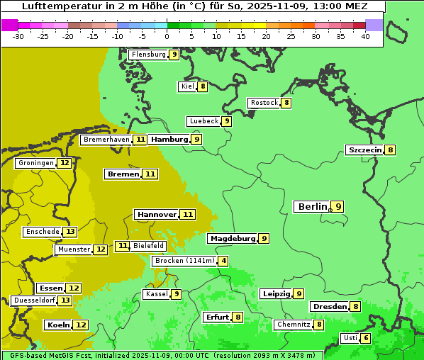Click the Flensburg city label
pos(148,55)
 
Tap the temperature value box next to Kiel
pos(202,86)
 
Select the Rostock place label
pos(264,103)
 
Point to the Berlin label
pos(312,206)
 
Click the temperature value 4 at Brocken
pos(223,261)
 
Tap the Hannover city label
pos(156,214)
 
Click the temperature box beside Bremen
pos(150,174)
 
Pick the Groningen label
pos(35,163)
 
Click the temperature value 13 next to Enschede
pos(69,232)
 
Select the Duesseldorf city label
pos(33,300)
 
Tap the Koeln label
pos(57,325)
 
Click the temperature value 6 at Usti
pos(365,338)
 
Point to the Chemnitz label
pos(293,325)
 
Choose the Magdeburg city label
pos(232,239)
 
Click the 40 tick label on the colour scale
pos(365,36)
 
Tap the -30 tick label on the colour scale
pos(18,36)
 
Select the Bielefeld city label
pos(148,246)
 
